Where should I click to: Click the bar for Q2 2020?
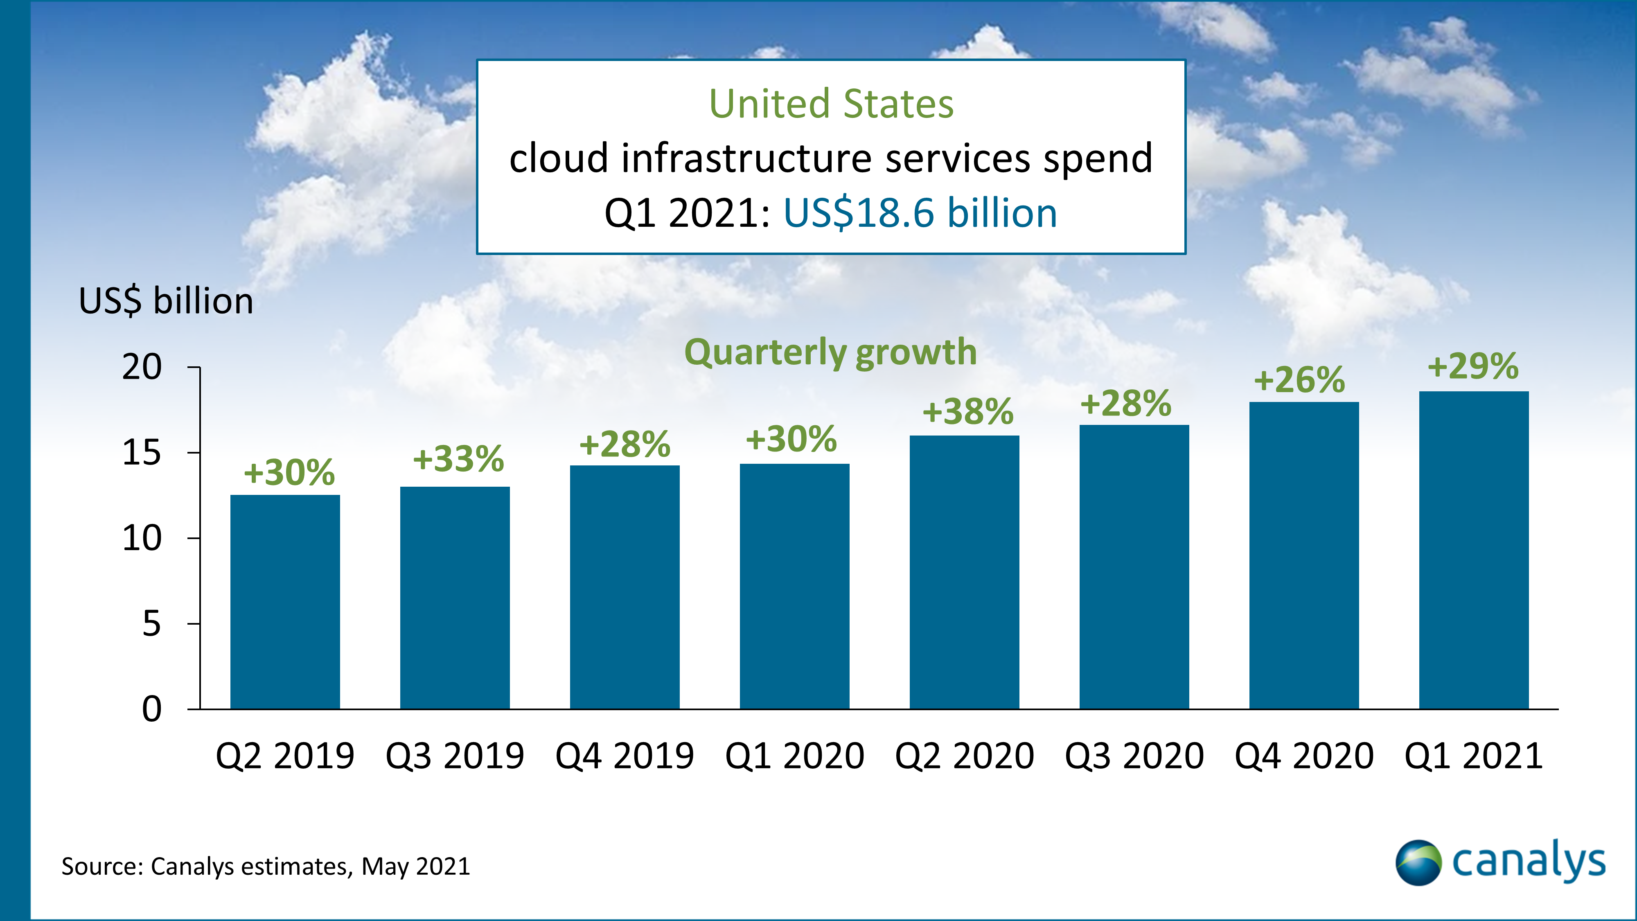(964, 572)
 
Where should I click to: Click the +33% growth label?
(458, 458)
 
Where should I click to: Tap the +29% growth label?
(1473, 366)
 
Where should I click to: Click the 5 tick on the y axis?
(151, 623)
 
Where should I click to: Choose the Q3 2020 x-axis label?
(1134, 756)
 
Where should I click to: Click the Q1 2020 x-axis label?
(794, 756)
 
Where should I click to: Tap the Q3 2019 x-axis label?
(455, 756)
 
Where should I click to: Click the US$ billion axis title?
(166, 300)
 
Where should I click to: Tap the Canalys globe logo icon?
(1418, 862)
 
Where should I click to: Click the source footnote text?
(266, 866)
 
